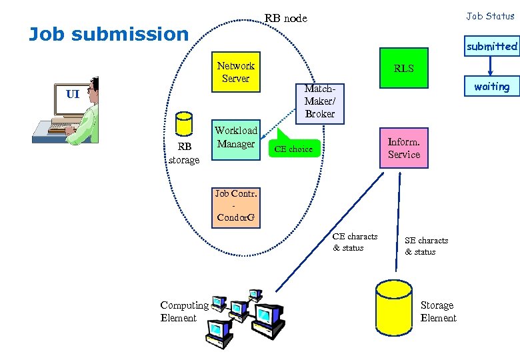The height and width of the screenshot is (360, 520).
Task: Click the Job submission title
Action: point(109,34)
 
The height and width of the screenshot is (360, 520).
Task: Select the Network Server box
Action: point(235,72)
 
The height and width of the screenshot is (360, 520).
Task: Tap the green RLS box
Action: point(403,68)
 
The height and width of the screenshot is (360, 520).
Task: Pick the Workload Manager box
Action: point(235,139)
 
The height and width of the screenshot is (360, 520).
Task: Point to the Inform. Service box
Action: point(404,148)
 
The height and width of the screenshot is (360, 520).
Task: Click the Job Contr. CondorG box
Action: point(235,207)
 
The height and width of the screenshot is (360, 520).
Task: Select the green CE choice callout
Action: point(293,148)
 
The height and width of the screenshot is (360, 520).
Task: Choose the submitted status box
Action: point(491,46)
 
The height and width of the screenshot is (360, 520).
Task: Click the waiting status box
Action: point(491,87)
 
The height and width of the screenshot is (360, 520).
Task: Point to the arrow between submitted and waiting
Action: point(491,65)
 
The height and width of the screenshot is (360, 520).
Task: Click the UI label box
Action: point(73,95)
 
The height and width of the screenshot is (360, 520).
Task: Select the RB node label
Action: point(285,18)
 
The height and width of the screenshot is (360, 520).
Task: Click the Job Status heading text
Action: point(490,16)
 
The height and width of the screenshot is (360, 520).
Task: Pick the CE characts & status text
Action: point(355,242)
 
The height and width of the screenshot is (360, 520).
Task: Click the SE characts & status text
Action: point(426,246)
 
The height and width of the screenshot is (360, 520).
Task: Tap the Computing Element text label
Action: point(184,311)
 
